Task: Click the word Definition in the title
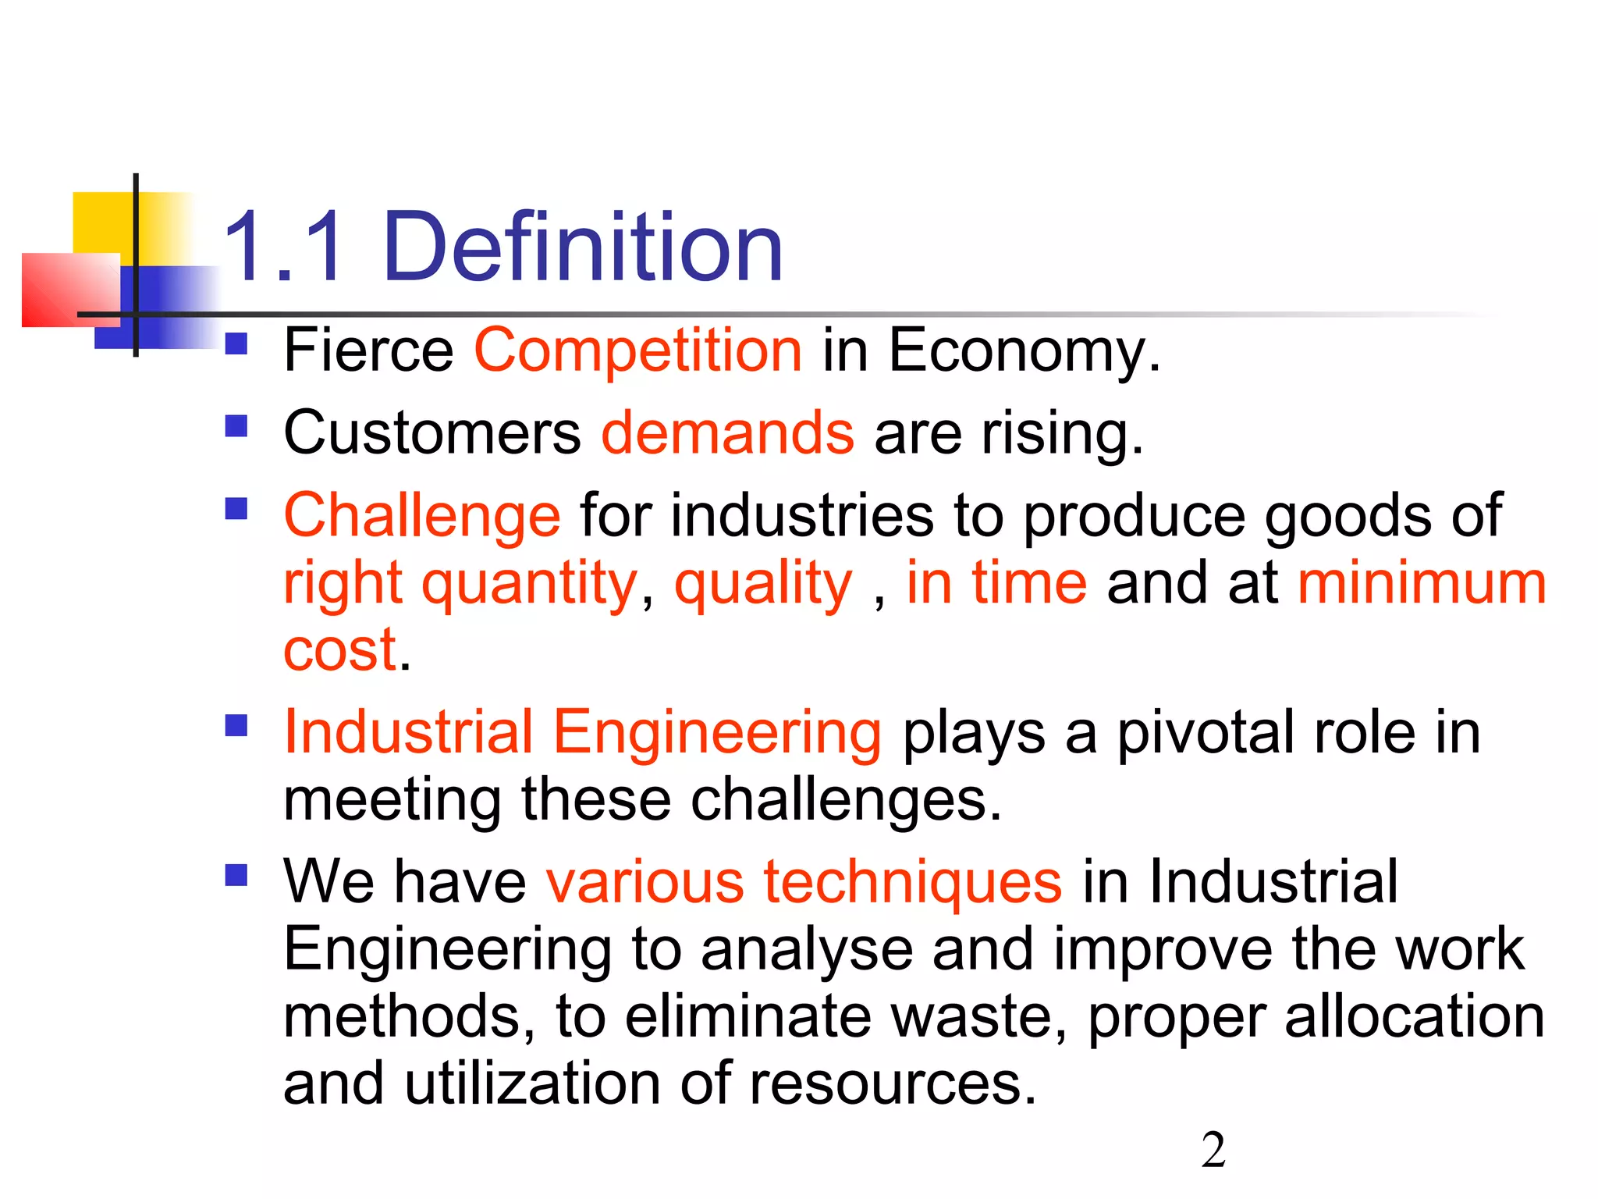pos(582,248)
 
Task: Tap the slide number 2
pos(1213,1151)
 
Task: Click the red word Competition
pos(638,350)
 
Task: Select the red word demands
pos(727,432)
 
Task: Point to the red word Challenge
pos(421,516)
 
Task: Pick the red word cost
pos(340,649)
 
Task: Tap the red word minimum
pos(1422,583)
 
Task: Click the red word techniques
pos(912,882)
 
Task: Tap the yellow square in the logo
pos(101,222)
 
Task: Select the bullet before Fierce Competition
pos(236,344)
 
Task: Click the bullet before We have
pos(236,875)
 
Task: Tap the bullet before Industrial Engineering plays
pos(236,726)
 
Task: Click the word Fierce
pos(368,350)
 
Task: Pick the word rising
pos(1061,432)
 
